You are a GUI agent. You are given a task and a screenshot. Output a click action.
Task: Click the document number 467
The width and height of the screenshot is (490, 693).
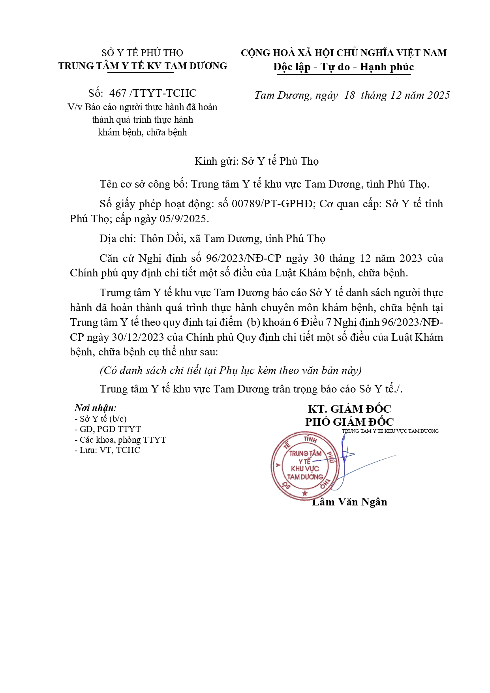click(x=118, y=93)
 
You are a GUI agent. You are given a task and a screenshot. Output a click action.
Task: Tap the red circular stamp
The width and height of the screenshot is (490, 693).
click(x=305, y=466)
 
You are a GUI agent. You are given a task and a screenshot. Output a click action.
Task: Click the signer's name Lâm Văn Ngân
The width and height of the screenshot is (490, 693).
click(x=349, y=502)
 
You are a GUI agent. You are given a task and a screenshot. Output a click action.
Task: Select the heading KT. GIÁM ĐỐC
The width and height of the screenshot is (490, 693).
click(x=349, y=409)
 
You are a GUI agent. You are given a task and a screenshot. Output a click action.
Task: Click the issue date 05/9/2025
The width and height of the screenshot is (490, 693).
click(x=184, y=219)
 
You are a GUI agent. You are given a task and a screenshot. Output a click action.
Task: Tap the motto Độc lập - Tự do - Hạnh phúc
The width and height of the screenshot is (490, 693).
click(x=344, y=67)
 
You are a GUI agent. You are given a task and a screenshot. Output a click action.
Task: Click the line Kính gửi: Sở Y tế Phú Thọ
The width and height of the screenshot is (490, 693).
click(x=257, y=161)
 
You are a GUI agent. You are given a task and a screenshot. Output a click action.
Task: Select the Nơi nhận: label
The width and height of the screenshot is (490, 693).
click(x=96, y=408)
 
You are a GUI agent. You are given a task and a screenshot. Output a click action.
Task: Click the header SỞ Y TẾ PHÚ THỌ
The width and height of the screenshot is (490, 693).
click(x=142, y=53)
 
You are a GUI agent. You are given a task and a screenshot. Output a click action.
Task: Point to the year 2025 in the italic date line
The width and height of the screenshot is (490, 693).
click(x=439, y=95)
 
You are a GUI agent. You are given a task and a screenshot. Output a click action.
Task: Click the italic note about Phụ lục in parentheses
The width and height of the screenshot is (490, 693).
click(x=231, y=370)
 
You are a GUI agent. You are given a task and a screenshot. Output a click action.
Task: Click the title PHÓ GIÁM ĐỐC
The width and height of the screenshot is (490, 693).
click(x=349, y=422)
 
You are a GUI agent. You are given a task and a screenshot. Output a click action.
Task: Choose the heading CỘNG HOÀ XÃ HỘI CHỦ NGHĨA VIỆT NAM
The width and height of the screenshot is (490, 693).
click(x=344, y=53)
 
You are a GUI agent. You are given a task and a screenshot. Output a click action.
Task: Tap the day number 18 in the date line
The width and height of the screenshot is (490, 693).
click(x=349, y=95)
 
